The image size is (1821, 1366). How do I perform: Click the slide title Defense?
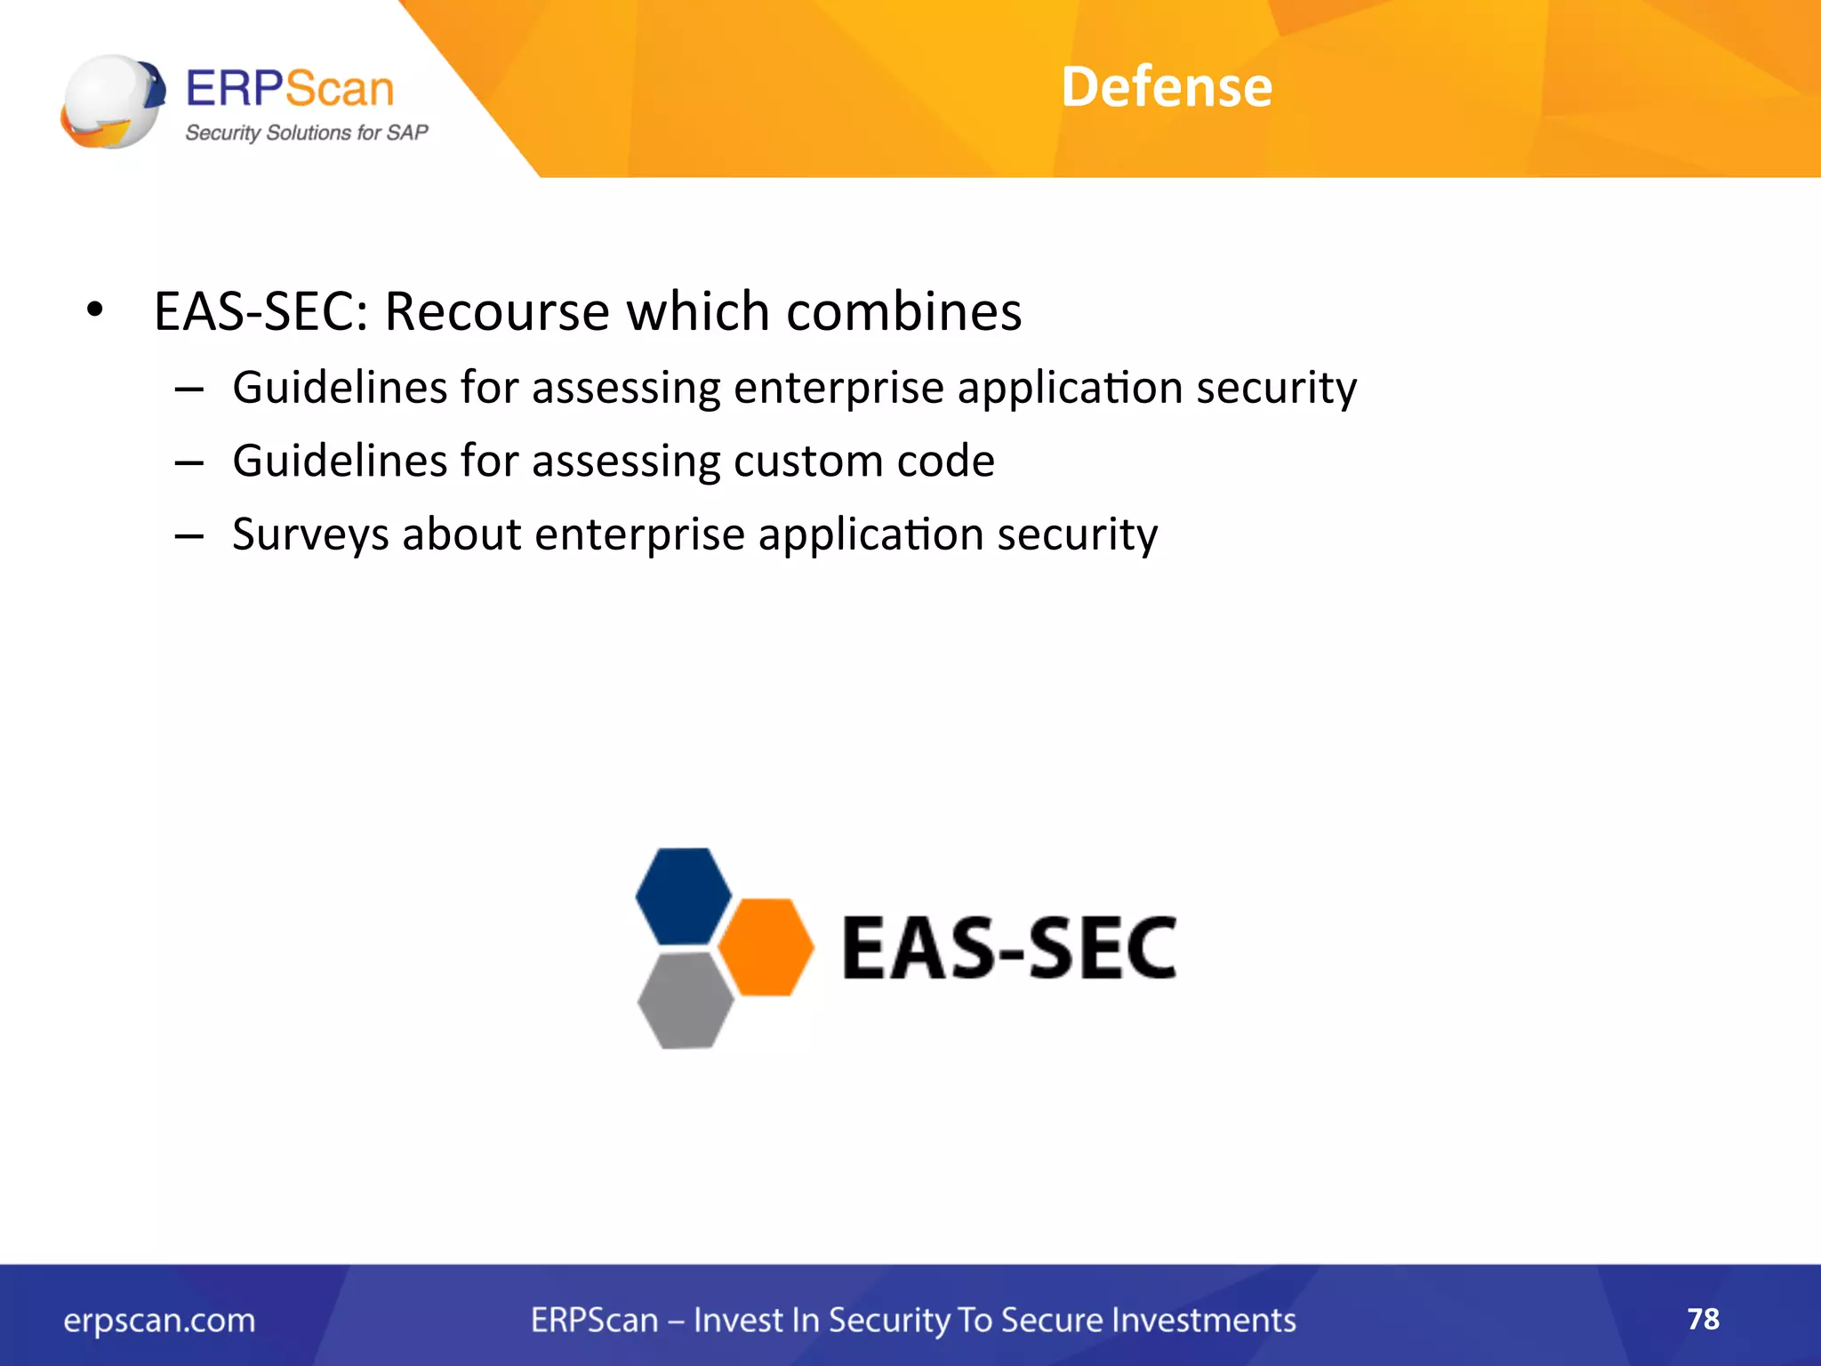(x=1166, y=87)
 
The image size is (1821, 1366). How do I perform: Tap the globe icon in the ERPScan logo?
(x=112, y=101)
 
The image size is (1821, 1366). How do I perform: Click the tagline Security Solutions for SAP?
(x=306, y=133)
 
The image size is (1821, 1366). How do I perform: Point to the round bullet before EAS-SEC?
(x=95, y=311)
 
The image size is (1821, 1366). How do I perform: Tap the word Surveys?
(x=309, y=535)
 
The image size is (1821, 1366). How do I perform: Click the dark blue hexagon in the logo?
(x=683, y=896)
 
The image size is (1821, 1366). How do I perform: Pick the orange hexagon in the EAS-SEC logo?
(x=766, y=946)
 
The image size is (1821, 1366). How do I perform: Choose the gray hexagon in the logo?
(x=685, y=1000)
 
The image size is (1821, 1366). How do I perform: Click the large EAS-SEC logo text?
(x=1008, y=948)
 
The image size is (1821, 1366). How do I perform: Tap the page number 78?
(x=1703, y=1319)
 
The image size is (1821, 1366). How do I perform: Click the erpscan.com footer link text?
(x=159, y=1321)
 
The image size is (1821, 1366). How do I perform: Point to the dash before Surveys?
(x=189, y=536)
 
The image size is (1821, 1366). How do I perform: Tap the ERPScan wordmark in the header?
(x=289, y=89)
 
